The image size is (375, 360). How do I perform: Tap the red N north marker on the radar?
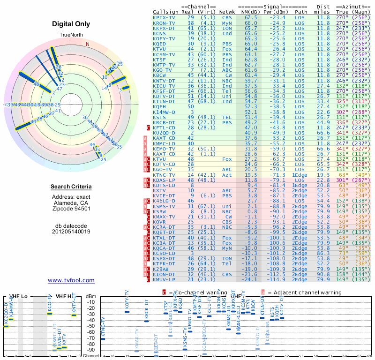coord(87,45)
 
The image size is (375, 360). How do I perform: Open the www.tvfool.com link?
coord(71,280)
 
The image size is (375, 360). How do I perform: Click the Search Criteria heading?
coord(71,187)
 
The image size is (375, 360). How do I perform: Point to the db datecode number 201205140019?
coord(71,231)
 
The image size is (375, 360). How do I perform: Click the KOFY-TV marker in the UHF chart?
coord(127,312)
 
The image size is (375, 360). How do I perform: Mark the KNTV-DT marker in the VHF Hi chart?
coord(74,315)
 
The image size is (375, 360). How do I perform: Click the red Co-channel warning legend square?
coord(164,292)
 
